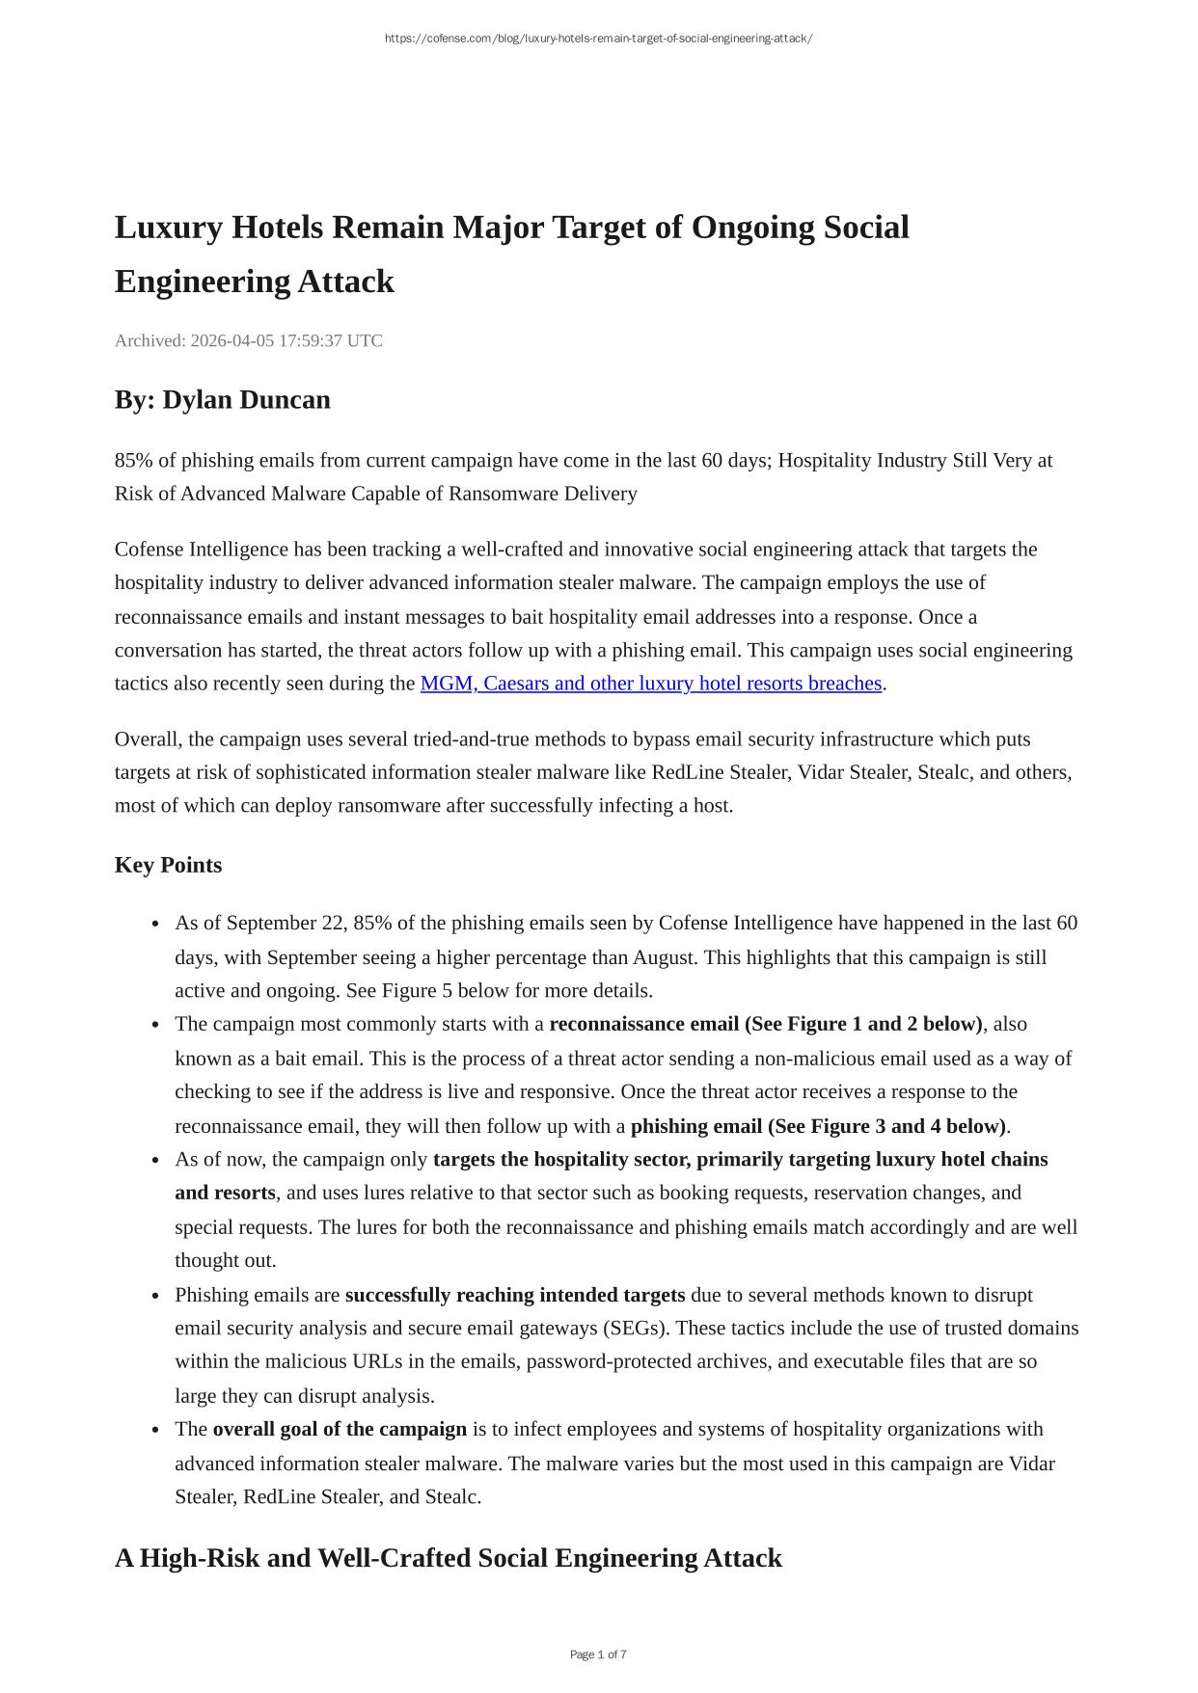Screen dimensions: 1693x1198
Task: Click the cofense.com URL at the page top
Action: point(598,39)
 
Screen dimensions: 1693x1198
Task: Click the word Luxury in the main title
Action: point(170,228)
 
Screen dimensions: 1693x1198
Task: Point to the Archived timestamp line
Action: point(248,340)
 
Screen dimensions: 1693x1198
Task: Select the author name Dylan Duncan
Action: point(246,400)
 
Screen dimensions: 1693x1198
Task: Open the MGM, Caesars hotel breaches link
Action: point(651,684)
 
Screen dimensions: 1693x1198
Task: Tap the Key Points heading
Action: point(168,865)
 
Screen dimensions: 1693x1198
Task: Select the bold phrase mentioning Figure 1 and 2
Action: point(766,1024)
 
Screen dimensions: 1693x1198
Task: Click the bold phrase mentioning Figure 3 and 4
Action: point(818,1126)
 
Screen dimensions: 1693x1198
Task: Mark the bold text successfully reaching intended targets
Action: point(515,1295)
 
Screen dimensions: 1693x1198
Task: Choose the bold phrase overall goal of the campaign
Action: point(340,1430)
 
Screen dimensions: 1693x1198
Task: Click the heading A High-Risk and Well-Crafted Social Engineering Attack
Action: point(449,1558)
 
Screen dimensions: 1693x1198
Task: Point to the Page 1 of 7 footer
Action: point(598,1654)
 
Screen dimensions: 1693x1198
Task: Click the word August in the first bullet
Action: point(666,958)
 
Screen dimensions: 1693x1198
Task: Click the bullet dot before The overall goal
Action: point(155,1431)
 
